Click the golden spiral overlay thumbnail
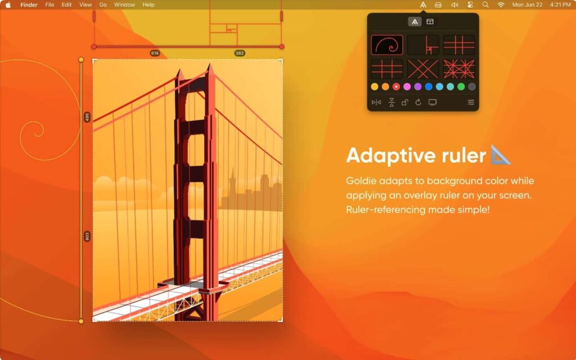(387, 45)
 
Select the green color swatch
(461, 87)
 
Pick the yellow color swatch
(375, 87)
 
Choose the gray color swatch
(472, 87)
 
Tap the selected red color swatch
(396, 87)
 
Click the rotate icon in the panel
(418, 102)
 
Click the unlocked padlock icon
(404, 102)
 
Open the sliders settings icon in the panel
(471, 102)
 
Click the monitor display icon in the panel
(433, 102)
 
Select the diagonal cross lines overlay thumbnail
(423, 69)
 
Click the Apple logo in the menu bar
(8, 4)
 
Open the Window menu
(124, 4)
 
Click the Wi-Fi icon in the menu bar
(501, 4)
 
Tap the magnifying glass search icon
(485, 4)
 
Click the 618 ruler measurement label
(155, 53)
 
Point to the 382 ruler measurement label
(239, 53)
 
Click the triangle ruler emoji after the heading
(500, 155)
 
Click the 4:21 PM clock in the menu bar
(560, 4)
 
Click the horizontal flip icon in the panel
(376, 102)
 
